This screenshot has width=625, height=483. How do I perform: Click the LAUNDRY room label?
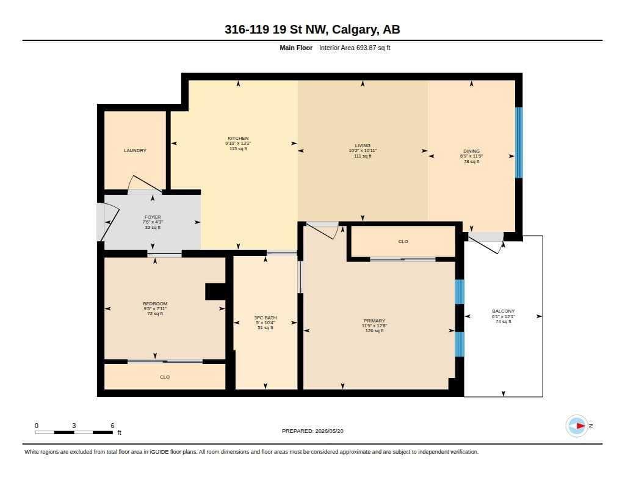pyautogui.click(x=135, y=150)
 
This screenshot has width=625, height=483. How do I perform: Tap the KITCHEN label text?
pyautogui.click(x=238, y=139)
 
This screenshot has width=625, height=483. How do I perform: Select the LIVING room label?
pyautogui.click(x=363, y=145)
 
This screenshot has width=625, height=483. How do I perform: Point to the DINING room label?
pyautogui.click(x=472, y=151)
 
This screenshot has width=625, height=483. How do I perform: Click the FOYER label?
pyautogui.click(x=153, y=217)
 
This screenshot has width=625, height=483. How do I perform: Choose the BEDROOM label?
pyautogui.click(x=155, y=303)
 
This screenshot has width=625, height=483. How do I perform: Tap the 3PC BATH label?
pyautogui.click(x=266, y=318)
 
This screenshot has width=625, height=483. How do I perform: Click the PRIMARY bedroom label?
pyautogui.click(x=374, y=321)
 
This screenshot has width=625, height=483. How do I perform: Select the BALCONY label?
pyautogui.click(x=504, y=311)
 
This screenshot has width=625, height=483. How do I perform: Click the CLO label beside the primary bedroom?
pyautogui.click(x=403, y=241)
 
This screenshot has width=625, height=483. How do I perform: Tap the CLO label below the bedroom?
pyautogui.click(x=165, y=377)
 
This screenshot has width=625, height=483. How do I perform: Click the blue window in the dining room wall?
pyautogui.click(x=519, y=142)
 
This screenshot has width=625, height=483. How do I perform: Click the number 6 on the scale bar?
pyautogui.click(x=112, y=426)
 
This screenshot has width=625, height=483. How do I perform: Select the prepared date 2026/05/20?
pyautogui.click(x=329, y=431)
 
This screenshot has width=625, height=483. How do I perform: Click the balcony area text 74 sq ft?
pyautogui.click(x=504, y=321)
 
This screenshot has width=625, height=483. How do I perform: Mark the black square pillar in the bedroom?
pyautogui.click(x=215, y=291)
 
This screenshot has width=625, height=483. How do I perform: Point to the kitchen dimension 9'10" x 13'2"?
pyautogui.click(x=238, y=143)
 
